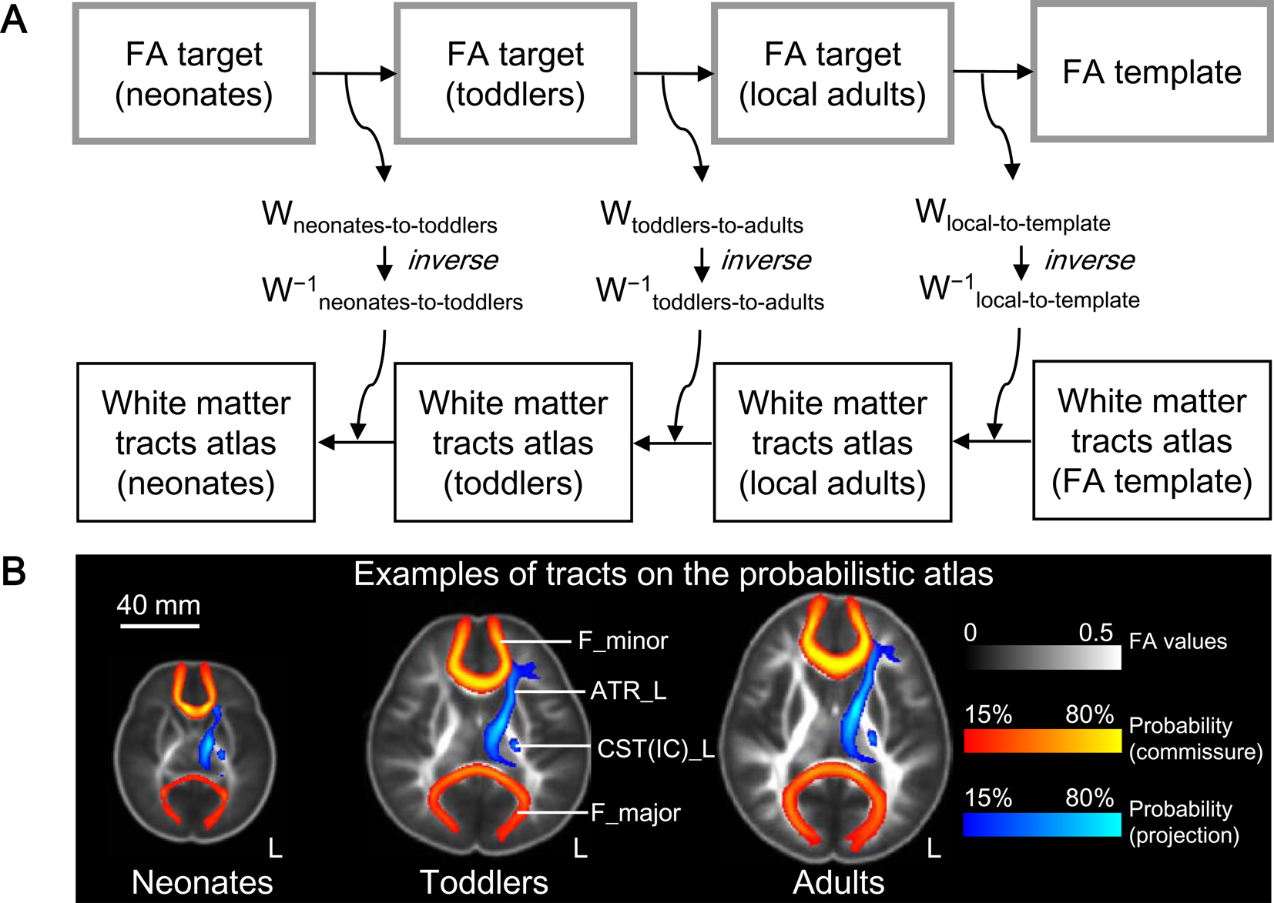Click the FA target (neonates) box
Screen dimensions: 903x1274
194,74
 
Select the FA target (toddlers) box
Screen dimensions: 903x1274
515,74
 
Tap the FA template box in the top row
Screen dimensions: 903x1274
1152,72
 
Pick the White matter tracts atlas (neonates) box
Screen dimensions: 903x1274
196,443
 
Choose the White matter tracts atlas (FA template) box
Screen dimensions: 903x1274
1152,441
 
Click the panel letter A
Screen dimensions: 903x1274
14,20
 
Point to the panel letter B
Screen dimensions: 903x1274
14,572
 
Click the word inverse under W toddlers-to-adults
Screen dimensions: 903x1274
766,260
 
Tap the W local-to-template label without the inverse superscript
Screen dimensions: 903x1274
1013,215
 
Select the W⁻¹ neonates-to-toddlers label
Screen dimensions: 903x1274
392,293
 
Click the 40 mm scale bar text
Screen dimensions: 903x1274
159,605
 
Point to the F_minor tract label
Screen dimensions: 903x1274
623,640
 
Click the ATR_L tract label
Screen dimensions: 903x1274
628,691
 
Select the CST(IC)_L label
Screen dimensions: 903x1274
656,748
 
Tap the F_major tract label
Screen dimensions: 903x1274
635,812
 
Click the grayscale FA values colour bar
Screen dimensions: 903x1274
1042,657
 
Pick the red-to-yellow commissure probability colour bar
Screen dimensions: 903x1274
1042,740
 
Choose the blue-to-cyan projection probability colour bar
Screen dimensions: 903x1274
1042,824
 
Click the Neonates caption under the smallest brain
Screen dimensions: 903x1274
202,882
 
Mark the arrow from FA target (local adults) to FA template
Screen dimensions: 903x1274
993,72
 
